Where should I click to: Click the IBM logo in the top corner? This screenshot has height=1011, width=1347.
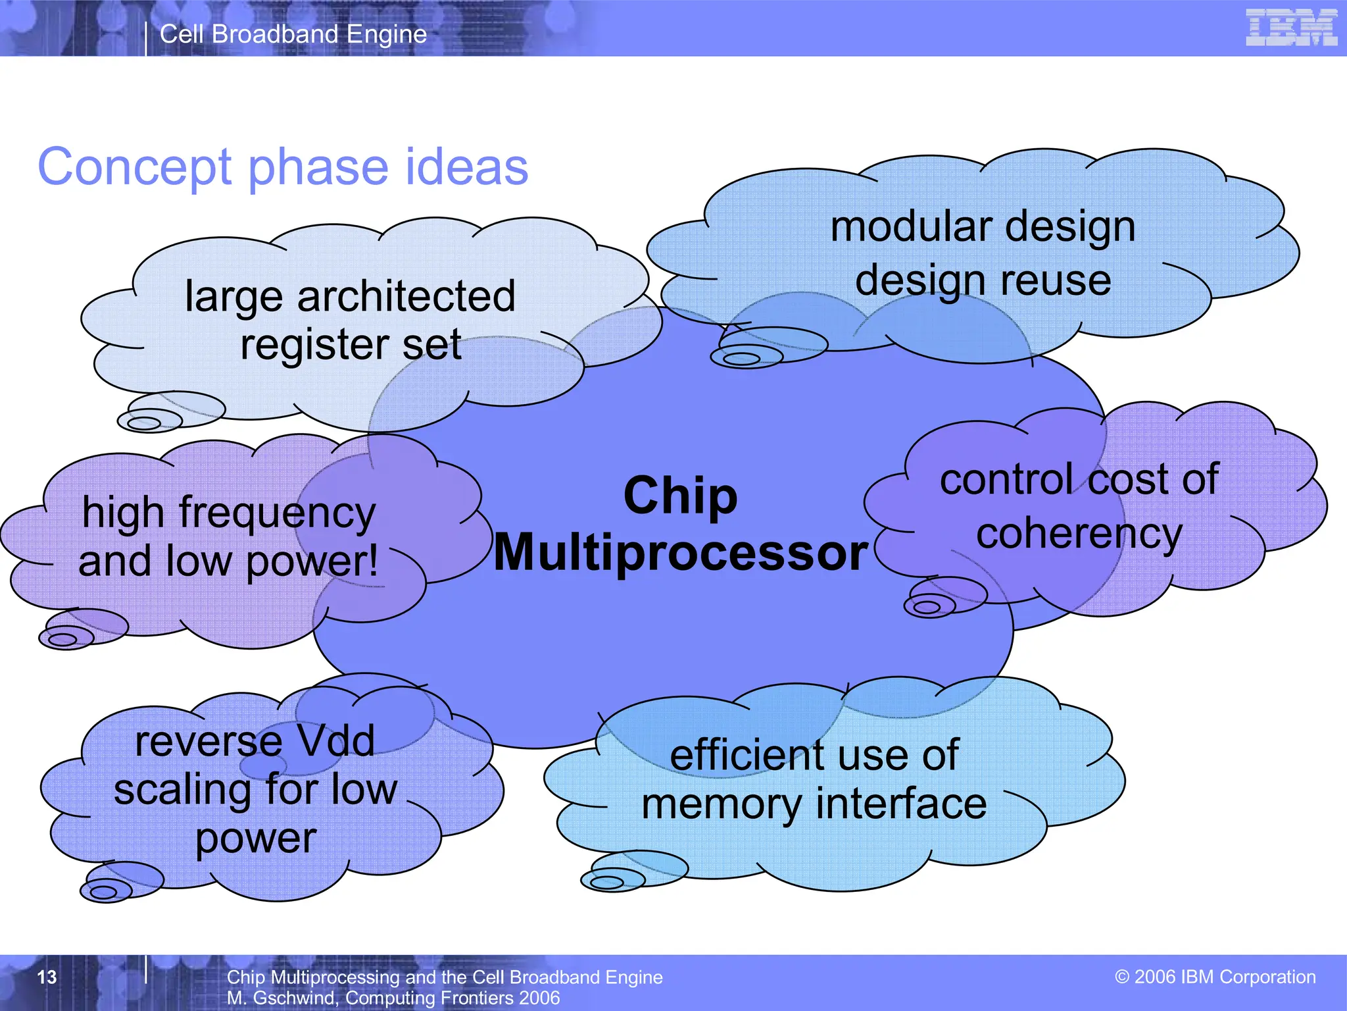pos(1290,28)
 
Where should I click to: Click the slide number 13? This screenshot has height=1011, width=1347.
pos(47,977)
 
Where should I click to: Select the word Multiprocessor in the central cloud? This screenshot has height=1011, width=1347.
pos(681,553)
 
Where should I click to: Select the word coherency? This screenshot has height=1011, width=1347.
pos(1079,534)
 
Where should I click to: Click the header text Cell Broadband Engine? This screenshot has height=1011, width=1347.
pos(293,34)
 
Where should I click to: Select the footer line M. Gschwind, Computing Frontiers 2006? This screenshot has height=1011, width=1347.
pos(393,998)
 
